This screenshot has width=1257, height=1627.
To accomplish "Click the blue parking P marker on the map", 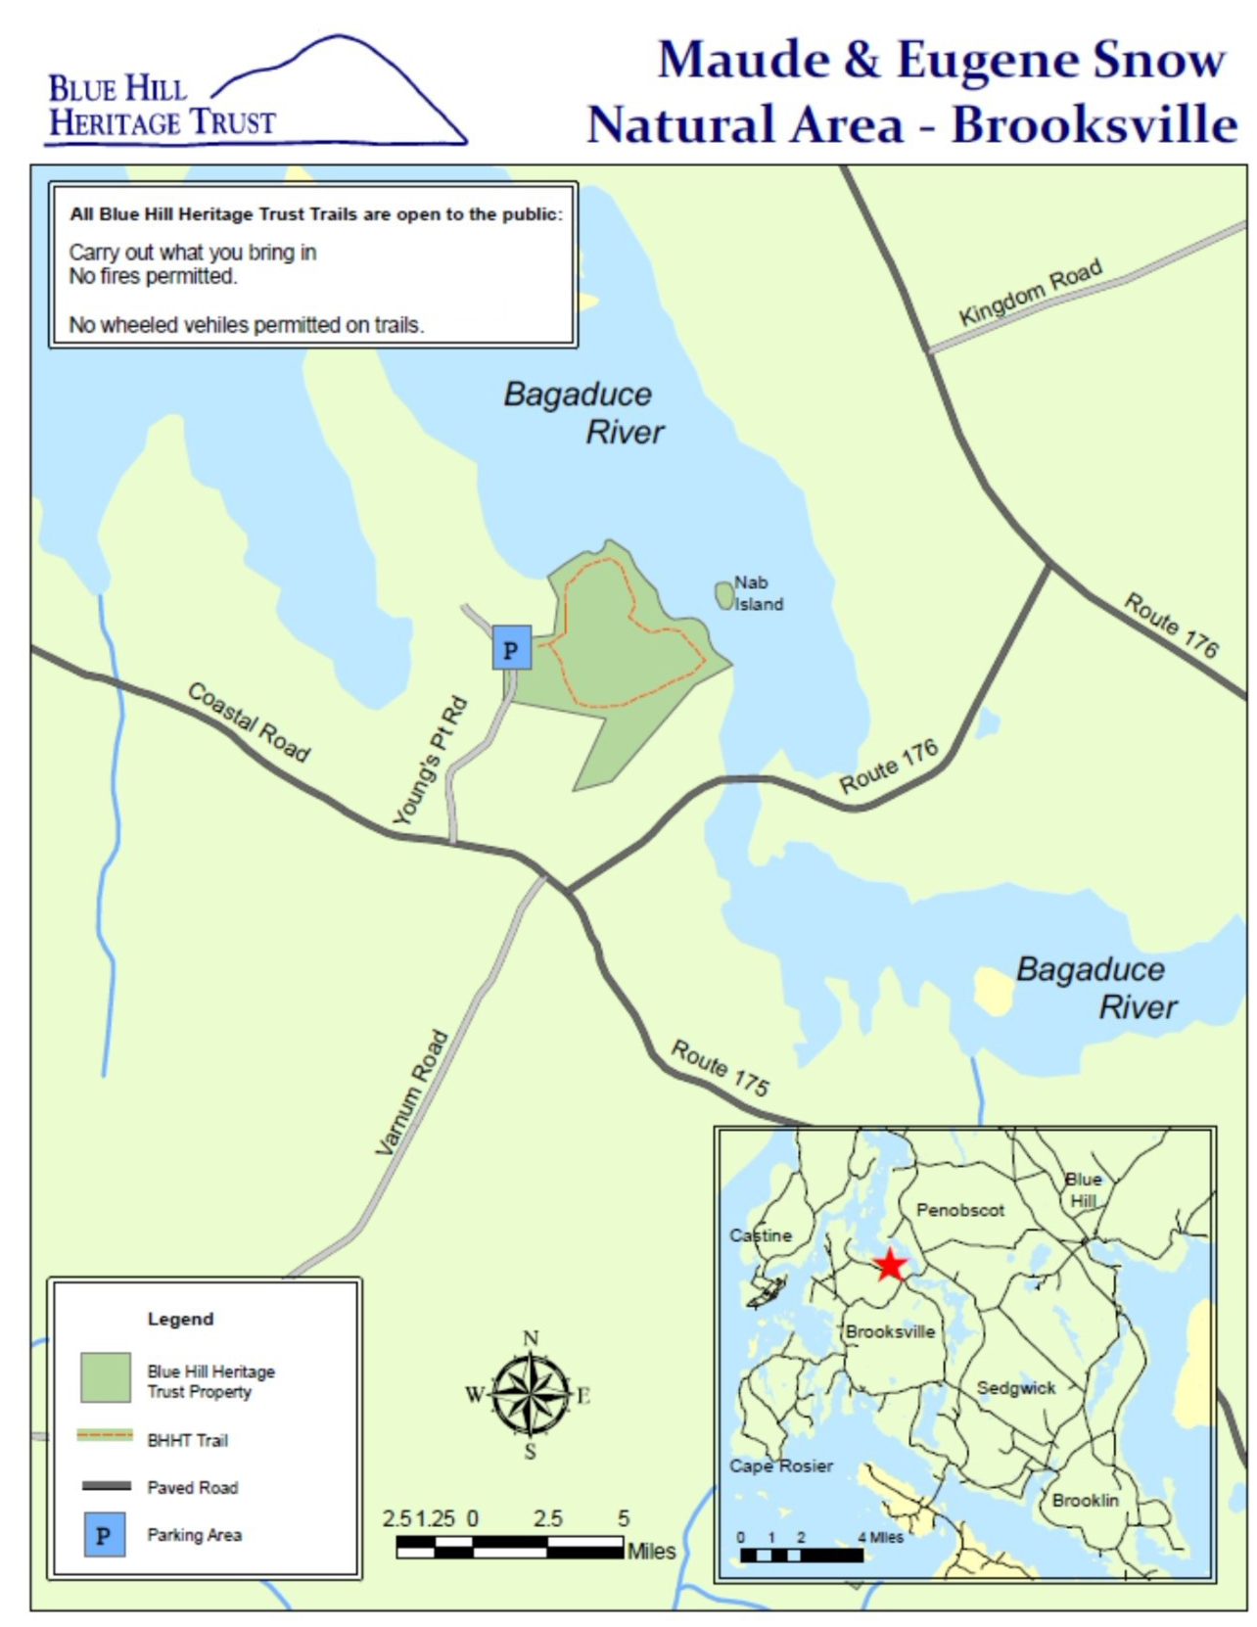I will pyautogui.click(x=511, y=648).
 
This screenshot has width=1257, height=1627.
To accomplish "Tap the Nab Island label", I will pyautogui.click(x=758, y=593).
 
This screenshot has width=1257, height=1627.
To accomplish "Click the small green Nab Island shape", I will pyautogui.click(x=724, y=594).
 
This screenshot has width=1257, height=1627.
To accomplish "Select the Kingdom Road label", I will pyautogui.click(x=1030, y=292).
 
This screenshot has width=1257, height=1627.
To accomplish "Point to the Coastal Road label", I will pyautogui.click(x=249, y=722).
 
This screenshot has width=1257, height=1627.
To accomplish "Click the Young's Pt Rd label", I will pyautogui.click(x=430, y=762).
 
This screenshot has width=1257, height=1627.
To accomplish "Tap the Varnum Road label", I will pyautogui.click(x=412, y=1092).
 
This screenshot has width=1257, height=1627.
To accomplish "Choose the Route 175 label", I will pyautogui.click(x=720, y=1067).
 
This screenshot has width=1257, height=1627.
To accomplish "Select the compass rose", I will pyautogui.click(x=530, y=1394).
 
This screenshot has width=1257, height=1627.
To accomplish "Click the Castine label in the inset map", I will pyautogui.click(x=760, y=1235).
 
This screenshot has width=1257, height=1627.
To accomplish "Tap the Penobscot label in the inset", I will pyautogui.click(x=959, y=1210).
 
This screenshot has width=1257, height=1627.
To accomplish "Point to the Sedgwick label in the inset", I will pyautogui.click(x=1015, y=1387).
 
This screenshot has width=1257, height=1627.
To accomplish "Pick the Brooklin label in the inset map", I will pyautogui.click(x=1085, y=1500).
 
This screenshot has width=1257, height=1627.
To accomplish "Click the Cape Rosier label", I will pyautogui.click(x=780, y=1465).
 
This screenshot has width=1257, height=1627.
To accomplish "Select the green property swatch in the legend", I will pyautogui.click(x=106, y=1377).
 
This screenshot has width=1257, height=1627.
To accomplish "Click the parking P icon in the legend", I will pyautogui.click(x=104, y=1534).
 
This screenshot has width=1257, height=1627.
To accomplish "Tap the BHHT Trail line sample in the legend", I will pyautogui.click(x=105, y=1435).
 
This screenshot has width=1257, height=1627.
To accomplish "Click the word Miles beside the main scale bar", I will pyautogui.click(x=651, y=1551).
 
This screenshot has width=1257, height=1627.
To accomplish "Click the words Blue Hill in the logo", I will pyautogui.click(x=117, y=89).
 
